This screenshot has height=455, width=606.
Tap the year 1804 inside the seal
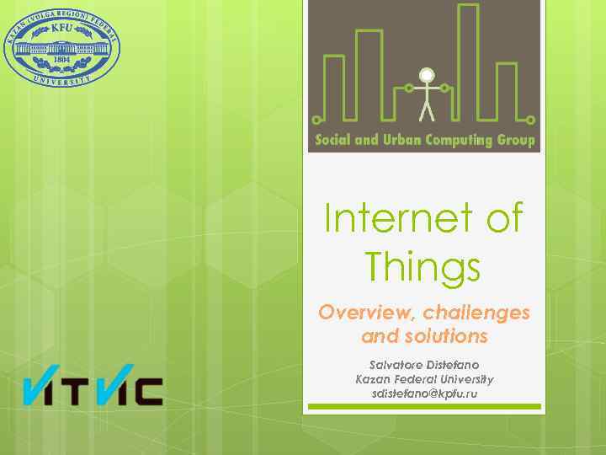point(62,60)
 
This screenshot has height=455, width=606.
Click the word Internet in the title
point(396,220)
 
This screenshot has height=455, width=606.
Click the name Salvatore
point(396,366)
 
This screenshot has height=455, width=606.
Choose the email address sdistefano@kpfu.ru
point(424,394)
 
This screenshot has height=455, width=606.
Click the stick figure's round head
point(426,74)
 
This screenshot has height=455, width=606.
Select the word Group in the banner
point(518,141)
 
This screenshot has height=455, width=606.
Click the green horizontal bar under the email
point(424,407)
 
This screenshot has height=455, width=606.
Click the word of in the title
point(504,220)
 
